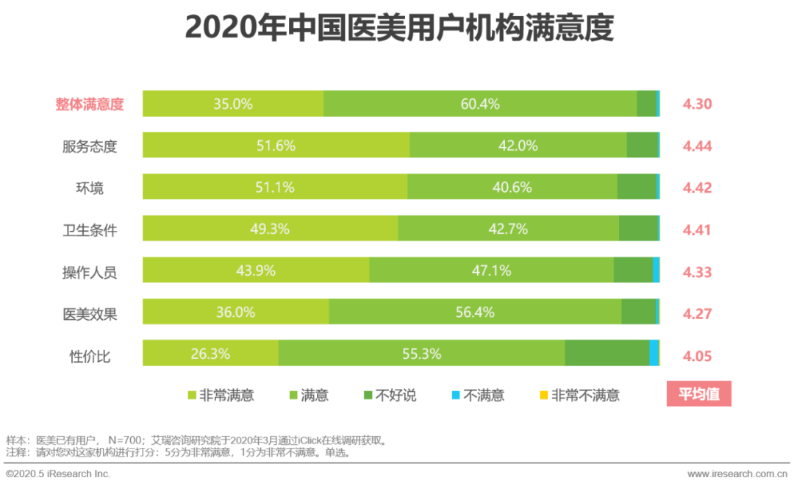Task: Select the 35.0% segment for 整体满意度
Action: tap(233, 104)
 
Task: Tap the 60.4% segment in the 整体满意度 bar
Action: tap(480, 104)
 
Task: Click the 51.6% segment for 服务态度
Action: tap(276, 146)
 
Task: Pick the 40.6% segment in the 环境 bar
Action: tap(512, 188)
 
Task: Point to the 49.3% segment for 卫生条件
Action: tap(270, 229)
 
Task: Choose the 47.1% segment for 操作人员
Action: tap(491, 271)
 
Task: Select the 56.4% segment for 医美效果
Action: tap(475, 313)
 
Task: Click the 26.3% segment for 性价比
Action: tap(210, 354)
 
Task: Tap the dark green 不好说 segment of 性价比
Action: tap(607, 354)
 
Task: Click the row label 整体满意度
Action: tap(90, 104)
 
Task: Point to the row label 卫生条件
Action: tap(90, 229)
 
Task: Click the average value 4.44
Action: tap(697, 146)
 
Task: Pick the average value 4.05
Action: tap(697, 357)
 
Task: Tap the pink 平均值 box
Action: tap(698, 394)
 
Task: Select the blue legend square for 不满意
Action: tap(456, 396)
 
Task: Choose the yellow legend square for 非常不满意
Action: tap(544, 396)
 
